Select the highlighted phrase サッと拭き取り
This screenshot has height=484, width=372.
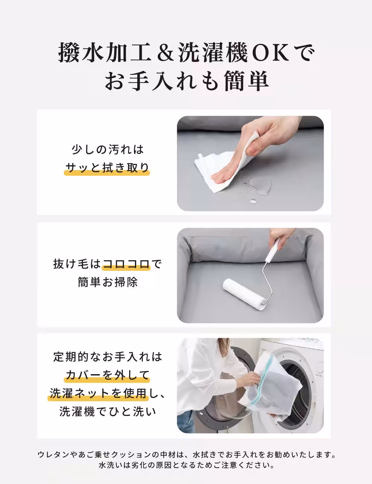tap(107, 168)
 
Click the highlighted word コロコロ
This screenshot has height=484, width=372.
tap(126, 265)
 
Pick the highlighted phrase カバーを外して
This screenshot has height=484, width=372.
tap(107, 375)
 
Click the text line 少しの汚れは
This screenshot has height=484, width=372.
tap(107, 150)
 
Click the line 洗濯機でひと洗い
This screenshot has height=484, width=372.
tap(108, 412)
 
